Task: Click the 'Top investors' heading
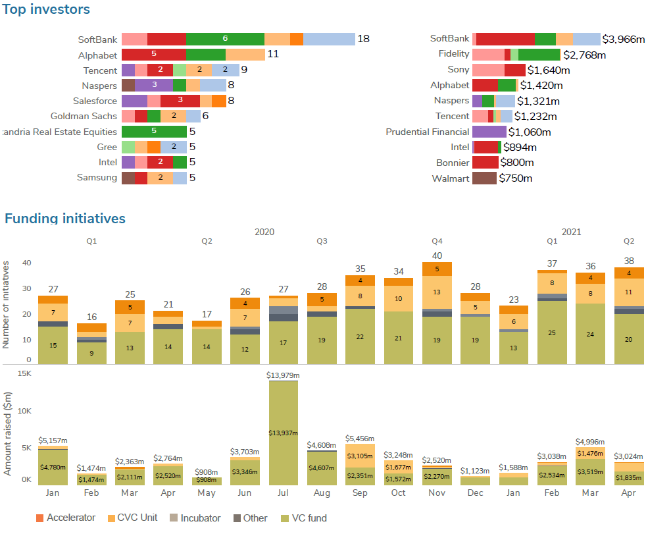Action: (x=45, y=9)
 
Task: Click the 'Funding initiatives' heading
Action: (x=64, y=218)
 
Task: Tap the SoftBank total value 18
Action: (x=363, y=39)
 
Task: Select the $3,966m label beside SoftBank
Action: (x=623, y=39)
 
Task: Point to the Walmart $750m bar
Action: (x=484, y=178)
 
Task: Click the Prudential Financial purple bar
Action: (x=489, y=132)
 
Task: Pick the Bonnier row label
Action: (x=453, y=162)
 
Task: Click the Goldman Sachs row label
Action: (x=84, y=116)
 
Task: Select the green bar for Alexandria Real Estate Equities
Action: (x=154, y=131)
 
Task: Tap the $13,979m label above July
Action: (x=283, y=375)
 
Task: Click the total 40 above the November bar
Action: (x=437, y=255)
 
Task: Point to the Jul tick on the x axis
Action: (x=283, y=493)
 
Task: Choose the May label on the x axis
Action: (x=207, y=493)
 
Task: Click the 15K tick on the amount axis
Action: (x=24, y=374)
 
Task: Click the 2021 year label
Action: (x=571, y=232)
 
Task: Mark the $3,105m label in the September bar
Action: (x=360, y=456)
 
